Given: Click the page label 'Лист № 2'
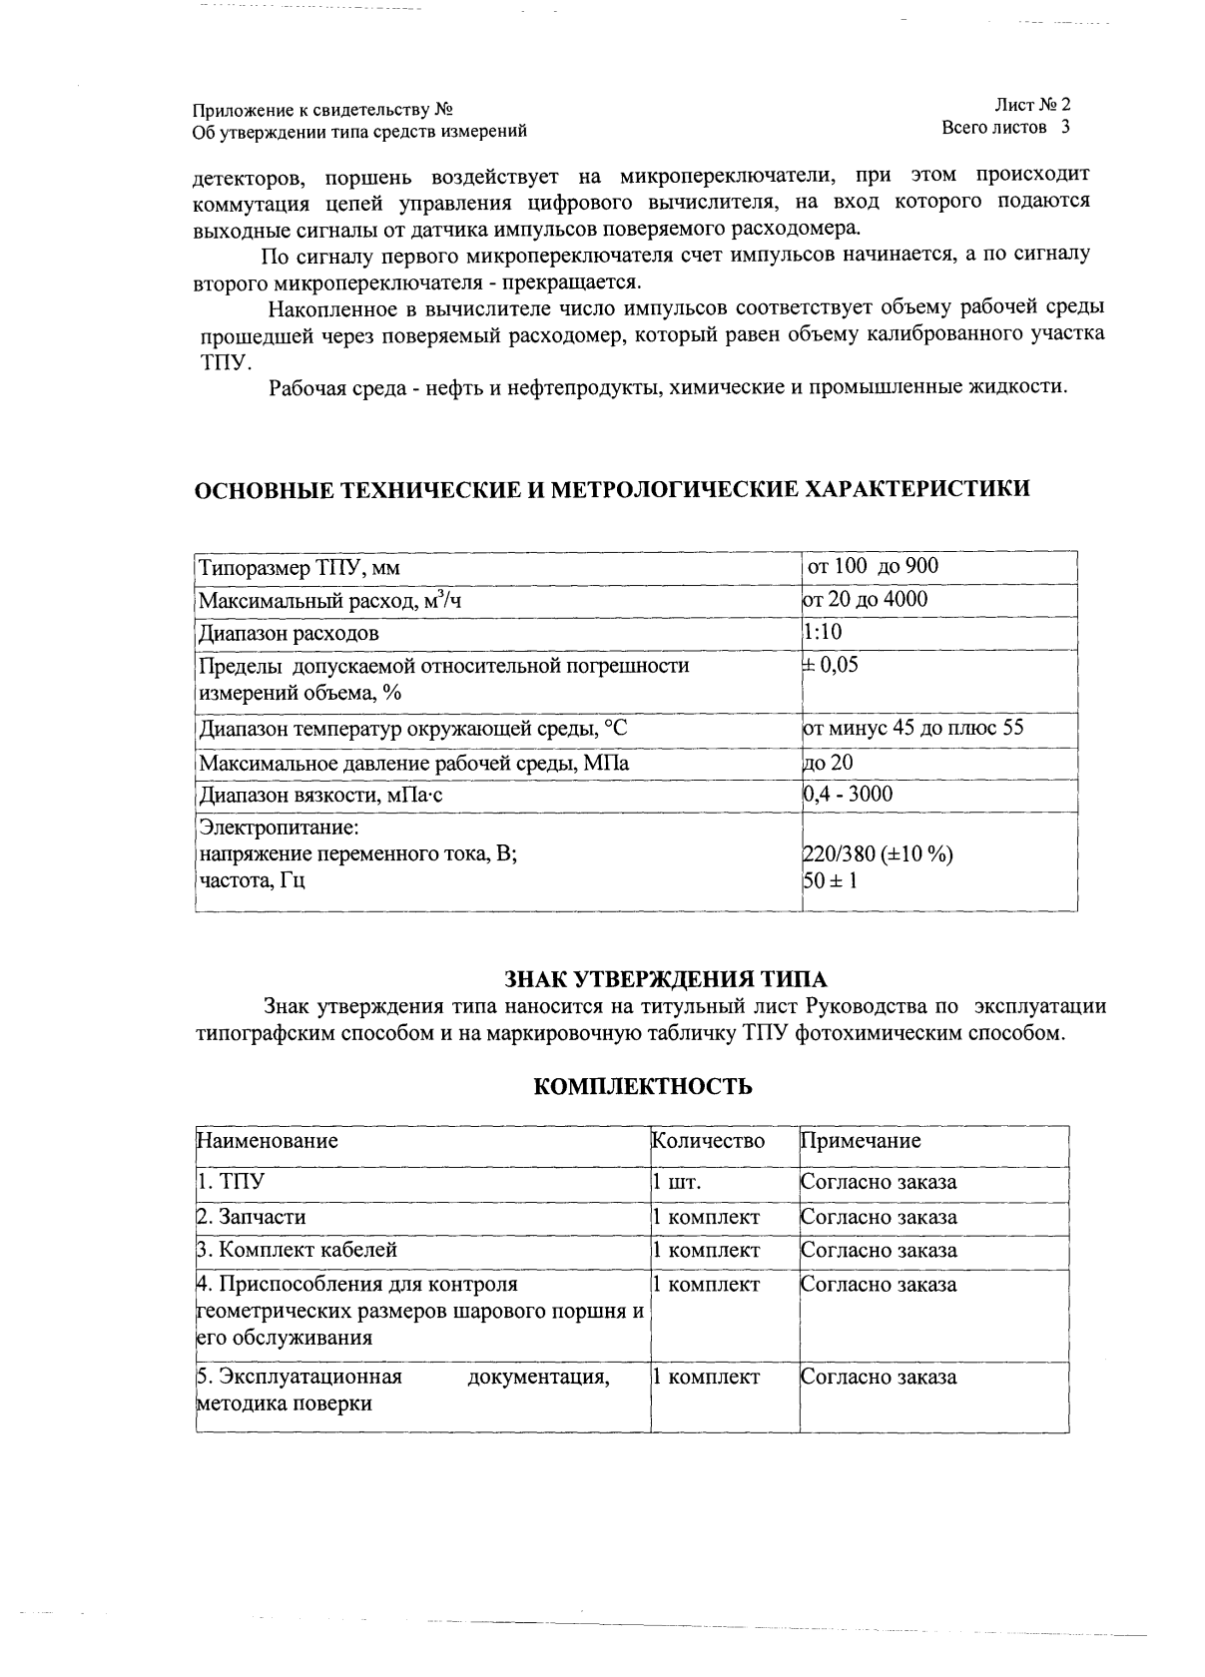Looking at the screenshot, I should [x=1031, y=105].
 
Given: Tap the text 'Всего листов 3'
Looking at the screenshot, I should [x=1005, y=128].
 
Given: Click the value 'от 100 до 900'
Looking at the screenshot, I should [x=873, y=566].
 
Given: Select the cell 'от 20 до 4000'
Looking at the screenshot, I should [x=865, y=599].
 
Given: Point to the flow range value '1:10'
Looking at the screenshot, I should [x=822, y=632].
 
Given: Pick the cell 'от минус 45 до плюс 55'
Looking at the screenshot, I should [x=912, y=728].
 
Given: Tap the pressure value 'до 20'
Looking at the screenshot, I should [x=828, y=763].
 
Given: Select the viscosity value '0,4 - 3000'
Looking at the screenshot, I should [x=848, y=795].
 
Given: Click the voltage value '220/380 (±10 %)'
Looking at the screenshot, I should [x=878, y=854].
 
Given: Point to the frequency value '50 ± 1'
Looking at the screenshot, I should [x=830, y=880].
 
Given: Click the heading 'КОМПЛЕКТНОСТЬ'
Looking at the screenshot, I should [x=643, y=1087].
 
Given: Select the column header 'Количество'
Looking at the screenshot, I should [x=708, y=1140].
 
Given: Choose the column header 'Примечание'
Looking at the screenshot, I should [x=861, y=1140].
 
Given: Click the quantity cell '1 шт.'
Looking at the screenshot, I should [x=676, y=1183].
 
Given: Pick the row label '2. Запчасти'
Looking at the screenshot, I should [x=251, y=1217].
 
